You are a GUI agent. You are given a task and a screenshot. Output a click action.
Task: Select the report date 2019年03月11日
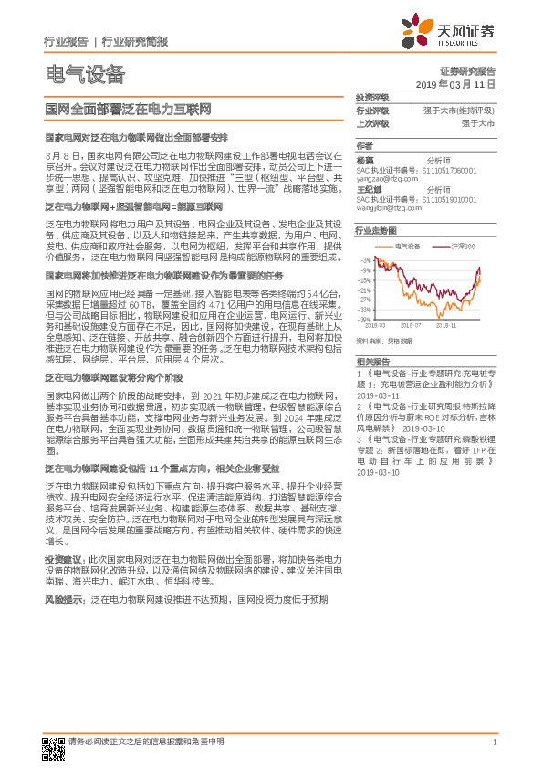pos(461,83)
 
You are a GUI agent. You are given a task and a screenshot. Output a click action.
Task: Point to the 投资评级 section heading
pos(371,97)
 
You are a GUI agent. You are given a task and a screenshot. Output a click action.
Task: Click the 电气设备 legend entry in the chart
pos(405,246)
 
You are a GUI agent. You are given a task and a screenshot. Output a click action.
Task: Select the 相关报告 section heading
pos(371,363)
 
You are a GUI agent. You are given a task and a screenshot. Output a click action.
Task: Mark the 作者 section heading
pos(364,145)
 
